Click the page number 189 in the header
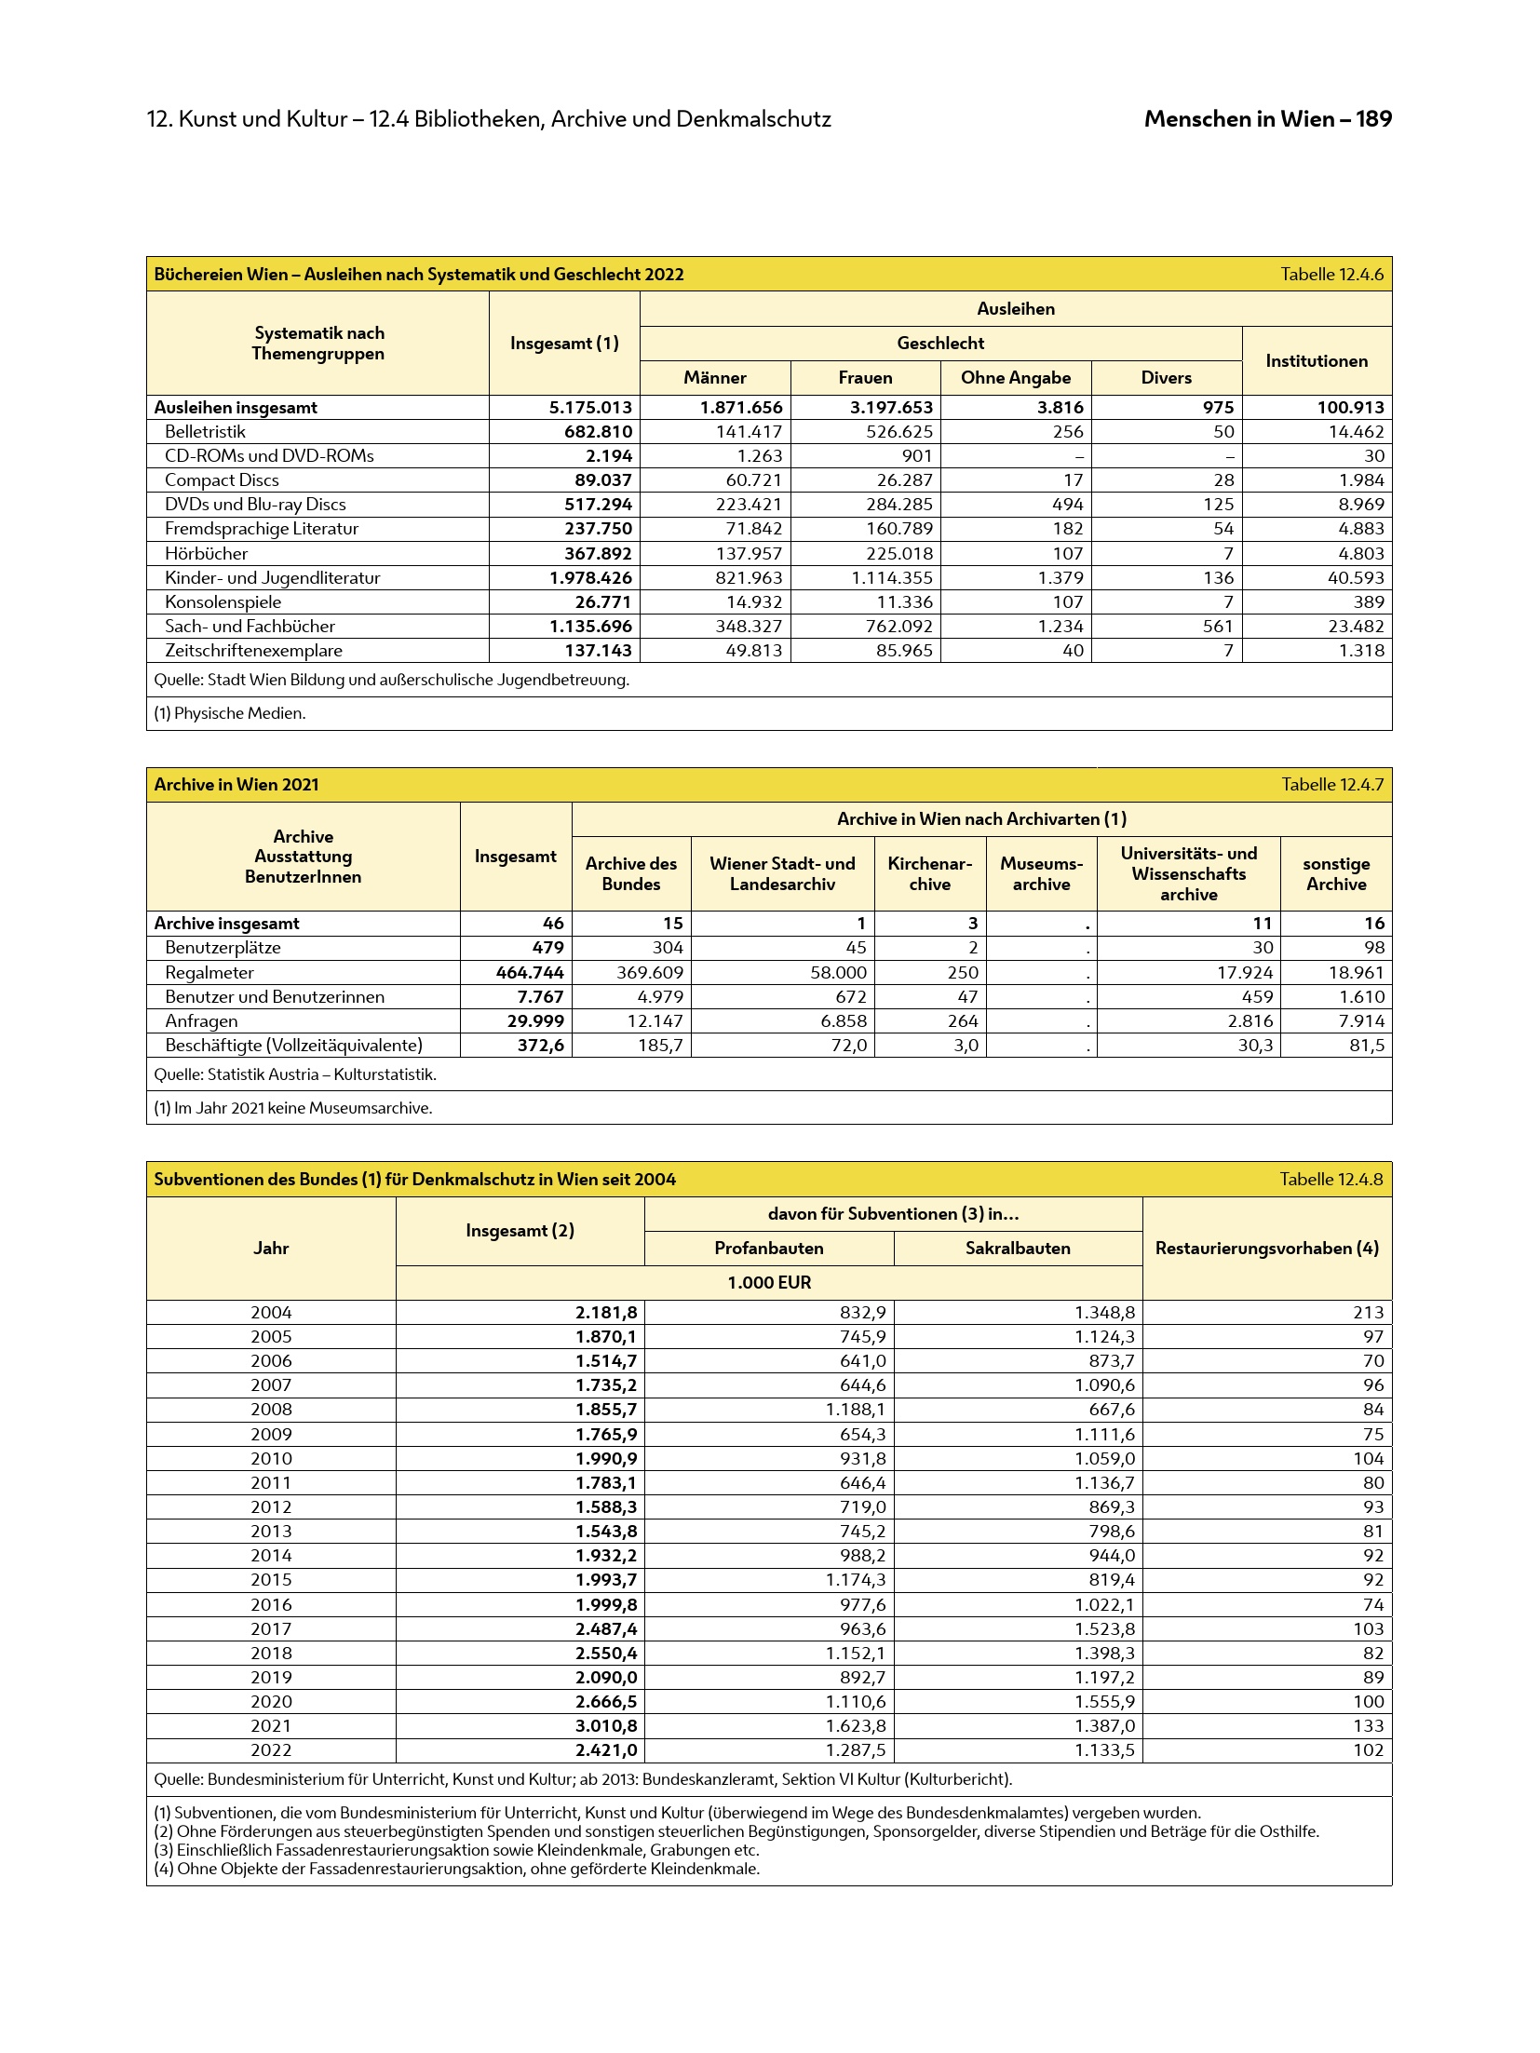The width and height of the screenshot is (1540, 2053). coord(1373,119)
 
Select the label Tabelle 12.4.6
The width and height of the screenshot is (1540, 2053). coord(1331,275)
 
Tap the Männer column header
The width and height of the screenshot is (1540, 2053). coord(714,378)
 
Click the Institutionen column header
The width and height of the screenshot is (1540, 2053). coord(1316,361)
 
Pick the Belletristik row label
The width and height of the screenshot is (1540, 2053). coord(205,432)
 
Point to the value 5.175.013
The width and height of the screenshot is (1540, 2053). coord(590,408)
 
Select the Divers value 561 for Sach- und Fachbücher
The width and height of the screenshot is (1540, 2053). coord(1217,627)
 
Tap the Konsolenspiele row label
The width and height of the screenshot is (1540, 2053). coord(223,602)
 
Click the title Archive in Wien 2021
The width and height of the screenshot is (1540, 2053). coord(236,785)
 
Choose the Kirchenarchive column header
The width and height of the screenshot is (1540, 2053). coord(929,874)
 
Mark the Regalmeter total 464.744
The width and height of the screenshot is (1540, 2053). coord(530,973)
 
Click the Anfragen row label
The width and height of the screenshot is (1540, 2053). coord(200,1021)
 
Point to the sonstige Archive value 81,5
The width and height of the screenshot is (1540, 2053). coord(1366,1046)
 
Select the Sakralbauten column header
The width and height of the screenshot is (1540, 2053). coord(1017,1249)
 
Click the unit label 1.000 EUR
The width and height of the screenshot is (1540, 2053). coord(769,1283)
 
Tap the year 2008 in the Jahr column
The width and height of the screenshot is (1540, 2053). coord(271,1410)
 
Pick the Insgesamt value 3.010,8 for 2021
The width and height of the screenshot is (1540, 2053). coord(606,1725)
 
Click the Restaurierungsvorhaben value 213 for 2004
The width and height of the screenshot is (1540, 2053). coord(1368,1313)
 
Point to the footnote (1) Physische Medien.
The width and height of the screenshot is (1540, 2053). coord(230,714)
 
